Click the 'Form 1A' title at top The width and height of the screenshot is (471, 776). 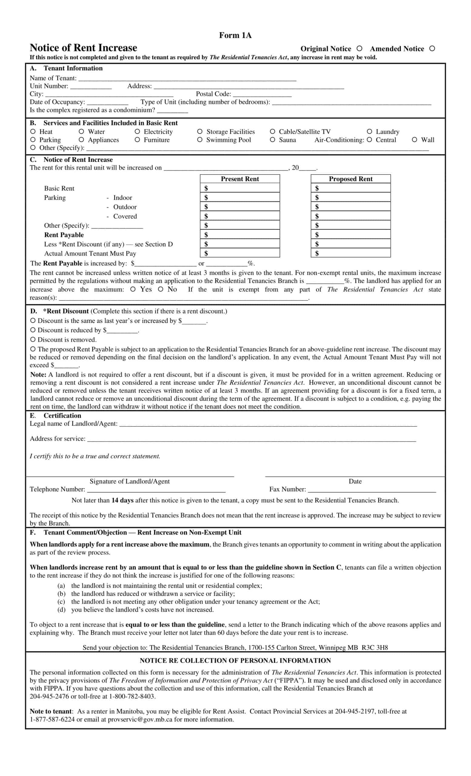[x=235, y=35]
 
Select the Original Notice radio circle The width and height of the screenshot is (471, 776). [x=359, y=48]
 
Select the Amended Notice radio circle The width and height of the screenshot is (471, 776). [x=432, y=48]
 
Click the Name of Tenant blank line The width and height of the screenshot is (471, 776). [x=187, y=79]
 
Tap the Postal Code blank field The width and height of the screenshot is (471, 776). [x=262, y=95]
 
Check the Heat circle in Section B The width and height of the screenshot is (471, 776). [x=33, y=132]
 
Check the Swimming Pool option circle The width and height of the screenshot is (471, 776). [x=200, y=140]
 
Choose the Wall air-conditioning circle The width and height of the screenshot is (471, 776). [x=414, y=140]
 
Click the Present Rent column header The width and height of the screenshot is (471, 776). [x=240, y=179]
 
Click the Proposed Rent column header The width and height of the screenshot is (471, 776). [x=350, y=179]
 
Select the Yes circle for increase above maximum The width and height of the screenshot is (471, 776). [x=133, y=289]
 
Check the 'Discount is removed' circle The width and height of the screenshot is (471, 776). [x=33, y=339]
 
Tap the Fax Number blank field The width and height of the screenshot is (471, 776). [x=372, y=490]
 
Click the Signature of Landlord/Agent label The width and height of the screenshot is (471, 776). [x=129, y=481]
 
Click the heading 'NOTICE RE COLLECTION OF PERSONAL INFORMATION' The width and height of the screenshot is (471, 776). [x=235, y=661]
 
